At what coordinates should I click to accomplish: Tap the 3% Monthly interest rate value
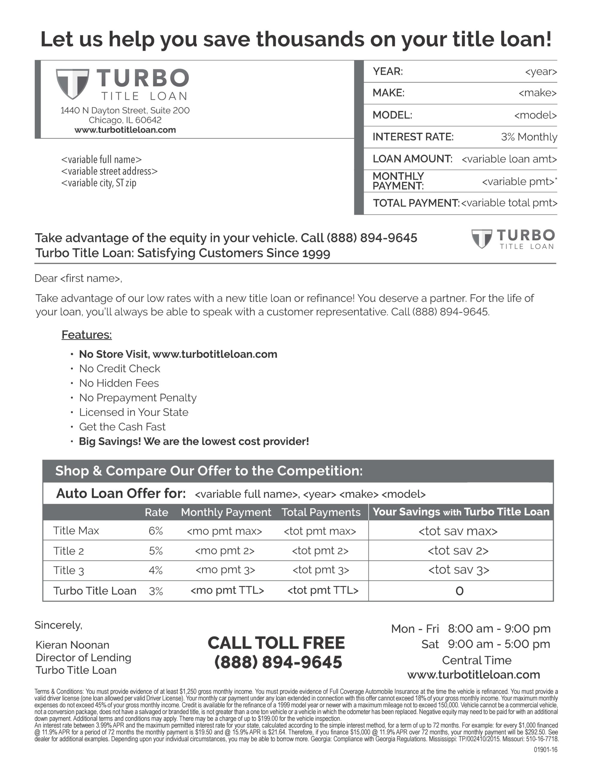[x=529, y=137]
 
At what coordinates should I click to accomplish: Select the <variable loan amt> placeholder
[x=509, y=159]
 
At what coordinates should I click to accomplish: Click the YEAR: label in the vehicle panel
[x=388, y=71]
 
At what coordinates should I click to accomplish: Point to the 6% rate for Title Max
[x=155, y=531]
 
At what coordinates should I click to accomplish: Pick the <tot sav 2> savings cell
[x=458, y=551]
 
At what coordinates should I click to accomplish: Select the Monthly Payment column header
[x=226, y=512]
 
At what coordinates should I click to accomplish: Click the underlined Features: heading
[x=87, y=335]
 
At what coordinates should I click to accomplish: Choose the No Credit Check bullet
[x=120, y=369]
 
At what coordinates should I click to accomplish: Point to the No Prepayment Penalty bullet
[x=138, y=398]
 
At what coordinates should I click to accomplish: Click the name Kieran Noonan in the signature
[x=73, y=645]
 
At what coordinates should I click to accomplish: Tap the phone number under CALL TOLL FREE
[x=278, y=662]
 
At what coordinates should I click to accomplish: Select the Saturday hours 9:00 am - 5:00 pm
[x=499, y=644]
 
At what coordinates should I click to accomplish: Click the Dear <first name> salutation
[x=78, y=278]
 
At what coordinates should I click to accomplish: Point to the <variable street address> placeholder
[x=109, y=171]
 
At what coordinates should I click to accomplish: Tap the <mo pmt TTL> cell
[x=227, y=590]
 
